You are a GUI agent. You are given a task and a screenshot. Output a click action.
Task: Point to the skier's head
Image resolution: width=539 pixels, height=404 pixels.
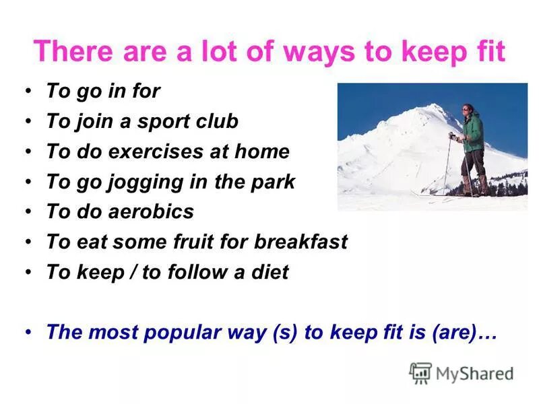tap(468, 110)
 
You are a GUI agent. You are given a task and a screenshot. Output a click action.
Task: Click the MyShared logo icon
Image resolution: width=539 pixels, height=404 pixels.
tap(420, 372)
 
